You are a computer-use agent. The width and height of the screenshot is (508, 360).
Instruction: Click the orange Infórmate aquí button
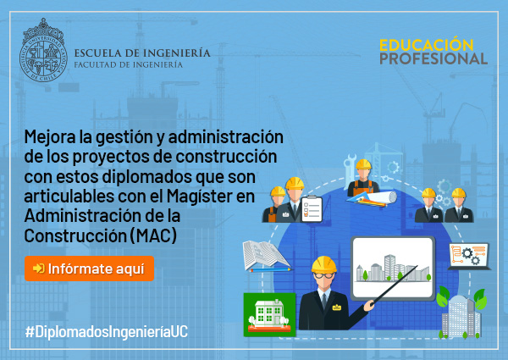point(89,269)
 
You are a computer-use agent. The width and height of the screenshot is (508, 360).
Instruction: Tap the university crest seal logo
point(43,50)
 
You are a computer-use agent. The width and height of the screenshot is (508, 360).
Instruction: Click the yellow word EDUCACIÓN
point(427,45)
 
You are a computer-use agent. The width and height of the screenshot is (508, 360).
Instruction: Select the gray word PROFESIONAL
point(433,58)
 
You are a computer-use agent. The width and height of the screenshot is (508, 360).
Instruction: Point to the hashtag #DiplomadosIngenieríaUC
point(107,332)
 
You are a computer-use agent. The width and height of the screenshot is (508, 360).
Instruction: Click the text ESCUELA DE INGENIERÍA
point(142,53)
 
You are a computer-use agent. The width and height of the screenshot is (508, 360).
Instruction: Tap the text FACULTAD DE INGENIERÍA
point(129,65)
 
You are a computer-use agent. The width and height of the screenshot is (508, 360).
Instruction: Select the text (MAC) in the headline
point(153,235)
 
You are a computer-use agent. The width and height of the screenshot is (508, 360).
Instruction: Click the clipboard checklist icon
point(312,209)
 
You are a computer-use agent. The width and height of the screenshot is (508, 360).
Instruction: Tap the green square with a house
point(269,314)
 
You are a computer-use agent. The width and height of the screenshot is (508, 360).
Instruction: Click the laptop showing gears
point(469,257)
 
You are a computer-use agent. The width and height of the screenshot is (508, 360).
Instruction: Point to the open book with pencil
point(267,257)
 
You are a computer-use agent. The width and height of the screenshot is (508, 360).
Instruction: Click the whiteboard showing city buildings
point(393,269)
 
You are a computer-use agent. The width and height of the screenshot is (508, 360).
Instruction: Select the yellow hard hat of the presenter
point(324,264)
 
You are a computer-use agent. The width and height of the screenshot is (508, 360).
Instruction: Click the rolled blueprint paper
point(383,197)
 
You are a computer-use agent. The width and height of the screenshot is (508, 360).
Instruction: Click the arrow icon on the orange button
point(39,269)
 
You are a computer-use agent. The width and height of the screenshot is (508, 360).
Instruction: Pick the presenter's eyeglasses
point(323,276)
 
